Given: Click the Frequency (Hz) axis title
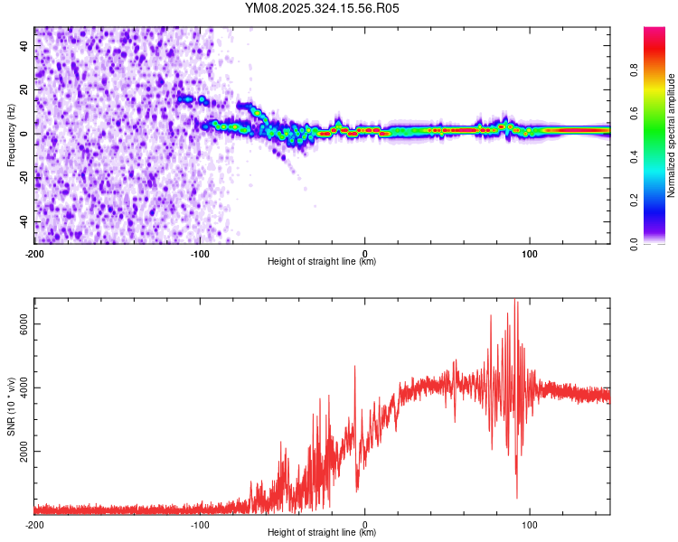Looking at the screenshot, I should tap(11, 135).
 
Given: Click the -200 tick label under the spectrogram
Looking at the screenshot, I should tap(34, 252).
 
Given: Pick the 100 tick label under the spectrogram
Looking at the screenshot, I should tap(530, 252).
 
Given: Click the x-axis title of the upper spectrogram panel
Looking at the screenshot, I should tap(322, 262).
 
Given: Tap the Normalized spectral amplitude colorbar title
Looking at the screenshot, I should tap(672, 135).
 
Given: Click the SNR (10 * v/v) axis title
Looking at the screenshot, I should tap(11, 406).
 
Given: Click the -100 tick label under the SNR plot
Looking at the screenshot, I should tap(200, 524).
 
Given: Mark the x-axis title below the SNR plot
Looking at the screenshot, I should tap(322, 534).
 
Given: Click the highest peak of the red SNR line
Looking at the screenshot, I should tap(515, 301).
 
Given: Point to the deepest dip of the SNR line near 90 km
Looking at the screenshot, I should tap(517, 498).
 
